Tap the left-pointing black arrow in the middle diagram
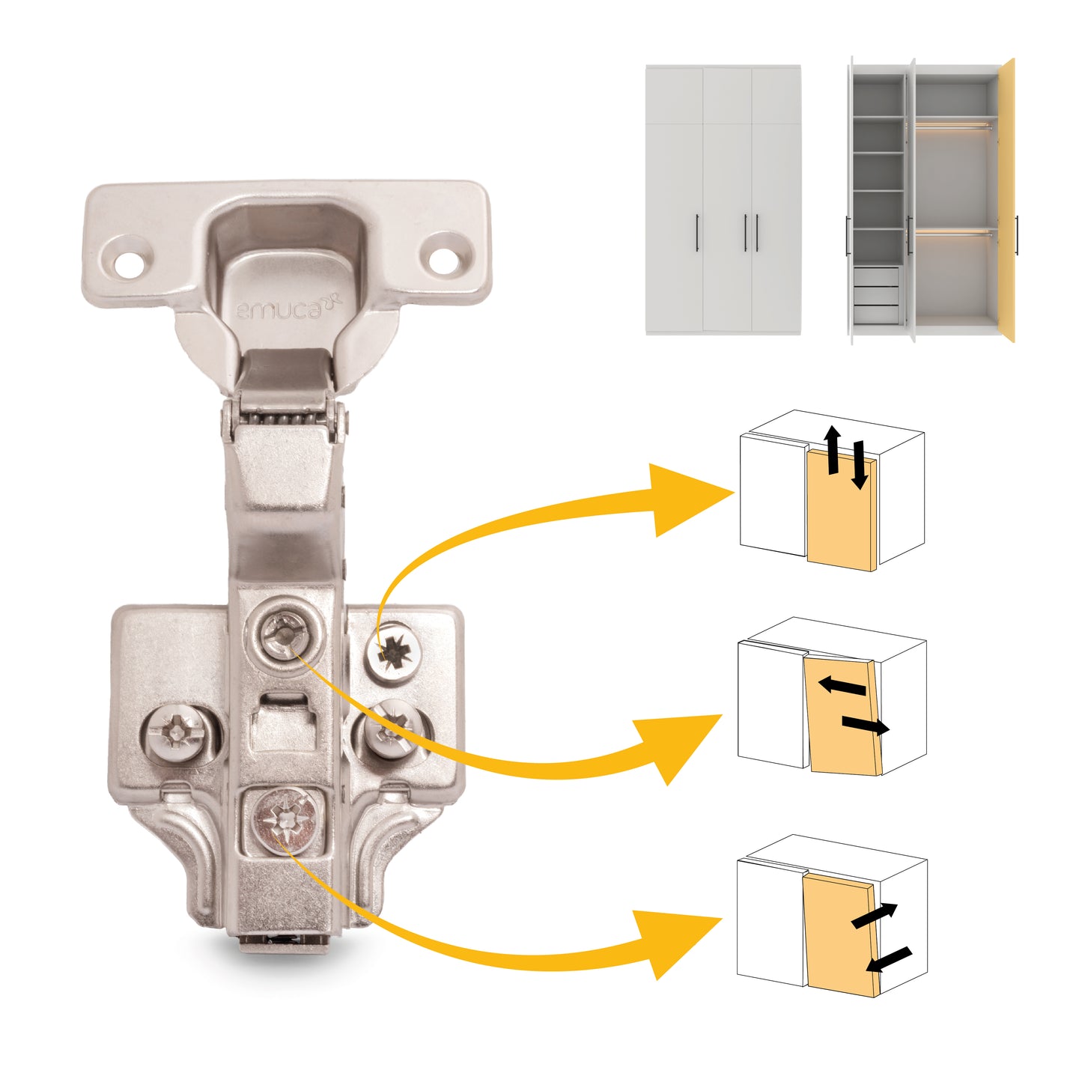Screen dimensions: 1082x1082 tap(842, 685)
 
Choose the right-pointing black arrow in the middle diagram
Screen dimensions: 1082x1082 tap(866, 725)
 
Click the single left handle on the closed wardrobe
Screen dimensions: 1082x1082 tap(698, 233)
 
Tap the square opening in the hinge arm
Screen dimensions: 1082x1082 tap(283, 720)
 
